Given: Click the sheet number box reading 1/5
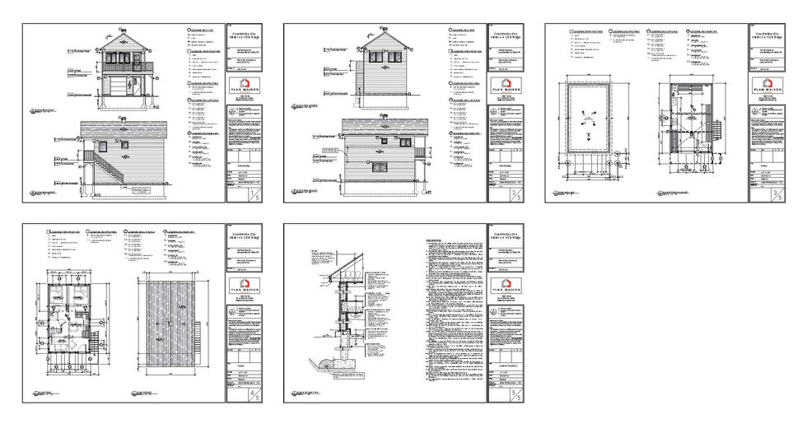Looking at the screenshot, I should click(250, 194).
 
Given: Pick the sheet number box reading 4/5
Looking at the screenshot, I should click(250, 395).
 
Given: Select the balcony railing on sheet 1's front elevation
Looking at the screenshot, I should click(127, 67).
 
